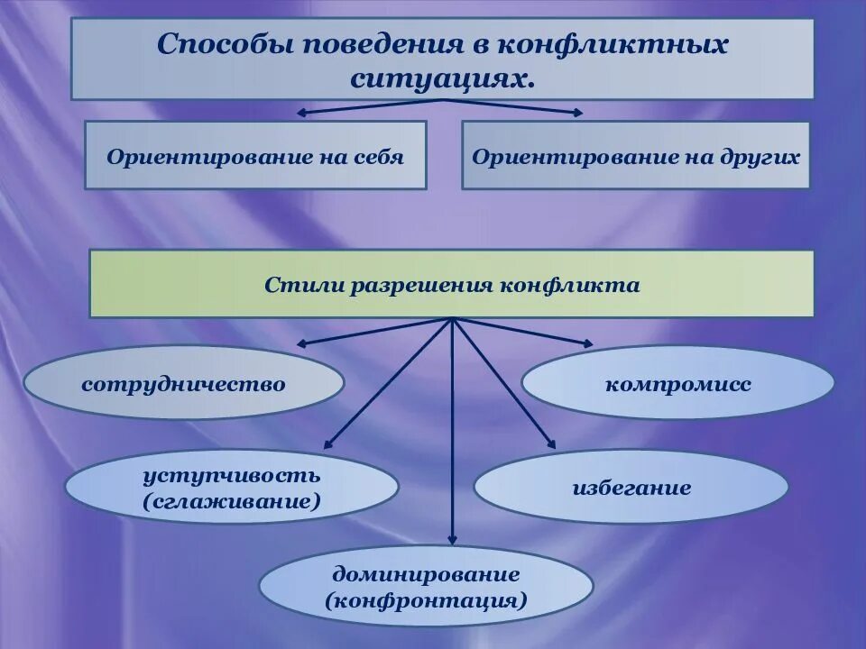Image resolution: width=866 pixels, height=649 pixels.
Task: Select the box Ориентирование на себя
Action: point(255,156)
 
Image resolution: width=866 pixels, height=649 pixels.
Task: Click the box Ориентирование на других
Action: point(636,156)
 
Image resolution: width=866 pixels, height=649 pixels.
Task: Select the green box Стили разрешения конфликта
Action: point(451,285)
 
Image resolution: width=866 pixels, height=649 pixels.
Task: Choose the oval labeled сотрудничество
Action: point(183,384)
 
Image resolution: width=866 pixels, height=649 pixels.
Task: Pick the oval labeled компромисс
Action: point(678,384)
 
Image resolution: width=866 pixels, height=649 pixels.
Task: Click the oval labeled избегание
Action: point(631,489)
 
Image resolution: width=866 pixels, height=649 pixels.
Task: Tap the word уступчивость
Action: point(231,474)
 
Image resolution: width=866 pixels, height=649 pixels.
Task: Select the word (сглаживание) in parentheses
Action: point(231,501)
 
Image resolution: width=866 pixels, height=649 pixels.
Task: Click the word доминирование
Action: point(426,573)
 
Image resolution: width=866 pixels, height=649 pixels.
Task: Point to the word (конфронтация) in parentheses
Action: point(426,600)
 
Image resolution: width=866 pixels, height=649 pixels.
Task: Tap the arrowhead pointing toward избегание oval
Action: point(550,443)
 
